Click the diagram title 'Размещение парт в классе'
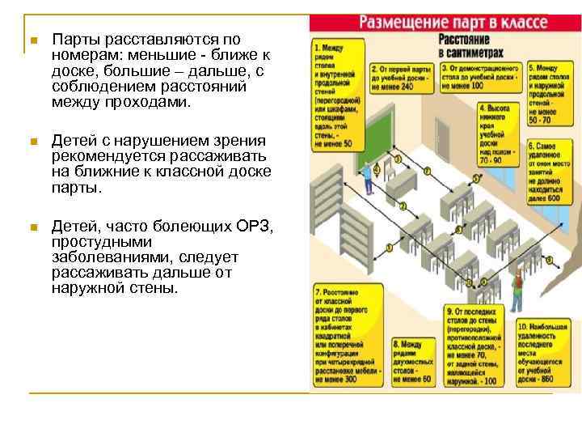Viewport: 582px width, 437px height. click(454, 22)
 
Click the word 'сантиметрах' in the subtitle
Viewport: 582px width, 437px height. click(466, 52)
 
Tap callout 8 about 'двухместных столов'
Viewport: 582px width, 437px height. click(411, 361)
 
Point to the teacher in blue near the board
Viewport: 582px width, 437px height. click(369, 178)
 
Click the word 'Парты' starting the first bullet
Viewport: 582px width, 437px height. click(70, 39)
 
